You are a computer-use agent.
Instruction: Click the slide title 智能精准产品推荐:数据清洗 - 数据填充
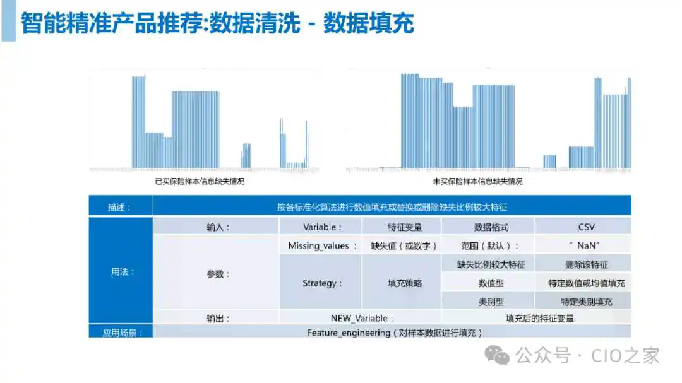[x=217, y=23]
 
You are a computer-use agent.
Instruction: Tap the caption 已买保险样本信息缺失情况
[x=200, y=181]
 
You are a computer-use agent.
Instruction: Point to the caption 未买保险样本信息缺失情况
[x=477, y=181]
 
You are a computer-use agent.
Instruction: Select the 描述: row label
[x=119, y=208]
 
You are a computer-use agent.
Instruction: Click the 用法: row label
[x=123, y=272]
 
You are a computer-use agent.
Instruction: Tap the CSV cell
[x=586, y=227]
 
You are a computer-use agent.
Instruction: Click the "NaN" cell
[x=583, y=245]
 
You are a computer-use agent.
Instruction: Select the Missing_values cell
[x=322, y=245]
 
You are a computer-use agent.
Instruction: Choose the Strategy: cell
[x=322, y=283]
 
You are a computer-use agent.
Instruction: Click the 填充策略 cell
[x=405, y=283]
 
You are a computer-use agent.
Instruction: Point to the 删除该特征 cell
[x=586, y=264]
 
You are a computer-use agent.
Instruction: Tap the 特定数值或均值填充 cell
[x=586, y=283]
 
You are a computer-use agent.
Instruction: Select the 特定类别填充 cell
[x=586, y=302]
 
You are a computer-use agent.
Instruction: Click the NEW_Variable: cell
[x=362, y=318]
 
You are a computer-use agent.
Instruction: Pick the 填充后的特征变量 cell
[x=539, y=318]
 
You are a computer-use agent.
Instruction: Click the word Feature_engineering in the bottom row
[x=349, y=333]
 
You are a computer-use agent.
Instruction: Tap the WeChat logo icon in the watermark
[x=497, y=356]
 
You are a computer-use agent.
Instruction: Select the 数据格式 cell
[x=491, y=227]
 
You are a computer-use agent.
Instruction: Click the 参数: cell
[x=217, y=274]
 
